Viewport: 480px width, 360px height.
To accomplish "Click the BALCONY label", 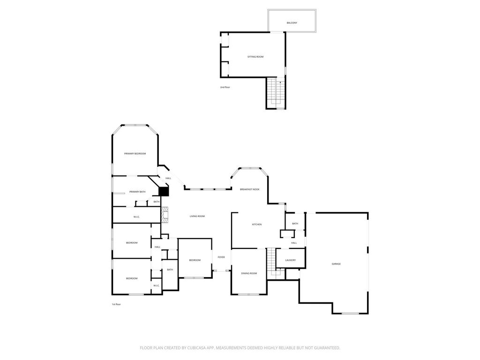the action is tap(292, 23).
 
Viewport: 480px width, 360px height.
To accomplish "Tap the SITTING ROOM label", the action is tap(255, 57).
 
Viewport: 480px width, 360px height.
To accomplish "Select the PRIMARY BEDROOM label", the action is tap(135, 154).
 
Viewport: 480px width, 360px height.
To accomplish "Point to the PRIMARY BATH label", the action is tap(137, 192).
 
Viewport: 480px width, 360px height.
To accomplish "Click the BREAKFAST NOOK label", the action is tap(249, 189).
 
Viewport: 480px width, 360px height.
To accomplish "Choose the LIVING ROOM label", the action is tap(197, 217).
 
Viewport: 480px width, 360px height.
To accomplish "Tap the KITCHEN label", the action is tap(257, 225).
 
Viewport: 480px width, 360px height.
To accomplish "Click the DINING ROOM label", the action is tap(249, 273).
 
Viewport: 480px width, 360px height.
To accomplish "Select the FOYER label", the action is tap(221, 257).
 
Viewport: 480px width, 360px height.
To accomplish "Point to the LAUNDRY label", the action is tap(291, 260).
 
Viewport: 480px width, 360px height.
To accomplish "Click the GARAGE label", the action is tap(336, 264).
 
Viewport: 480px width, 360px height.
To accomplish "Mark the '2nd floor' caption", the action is tap(225, 88).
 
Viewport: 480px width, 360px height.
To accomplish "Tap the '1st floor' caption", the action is tap(116, 304).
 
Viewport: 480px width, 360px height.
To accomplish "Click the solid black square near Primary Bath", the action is tap(164, 191).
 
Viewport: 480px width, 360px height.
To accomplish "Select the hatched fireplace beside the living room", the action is tap(165, 215).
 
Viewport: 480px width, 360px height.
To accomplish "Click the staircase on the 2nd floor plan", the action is tap(276, 93).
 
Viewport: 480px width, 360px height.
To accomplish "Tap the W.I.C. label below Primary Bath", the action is tap(136, 217).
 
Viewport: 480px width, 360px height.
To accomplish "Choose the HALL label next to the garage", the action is tap(294, 243).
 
